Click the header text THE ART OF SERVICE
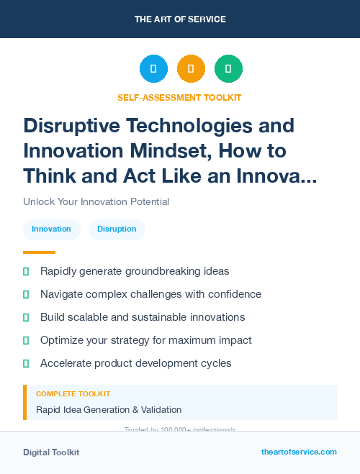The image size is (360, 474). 180,19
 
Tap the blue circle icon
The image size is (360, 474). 153,69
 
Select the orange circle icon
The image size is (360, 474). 191,69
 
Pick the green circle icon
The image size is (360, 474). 228,69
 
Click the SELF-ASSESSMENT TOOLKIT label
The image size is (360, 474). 179,97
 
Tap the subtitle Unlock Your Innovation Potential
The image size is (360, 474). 96,201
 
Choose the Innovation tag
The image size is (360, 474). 51,229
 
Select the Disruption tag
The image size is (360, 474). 117,229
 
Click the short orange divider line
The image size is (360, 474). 39,252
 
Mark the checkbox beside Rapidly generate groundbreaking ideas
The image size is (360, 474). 26,271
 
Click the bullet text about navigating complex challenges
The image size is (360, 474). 150,294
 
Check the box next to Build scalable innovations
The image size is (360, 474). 26,317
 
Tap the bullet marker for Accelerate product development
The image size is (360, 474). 26,363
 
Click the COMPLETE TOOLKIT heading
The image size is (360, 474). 73,394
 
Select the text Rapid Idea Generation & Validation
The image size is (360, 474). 109,410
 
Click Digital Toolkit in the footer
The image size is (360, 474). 51,452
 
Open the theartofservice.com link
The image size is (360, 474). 299,452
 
